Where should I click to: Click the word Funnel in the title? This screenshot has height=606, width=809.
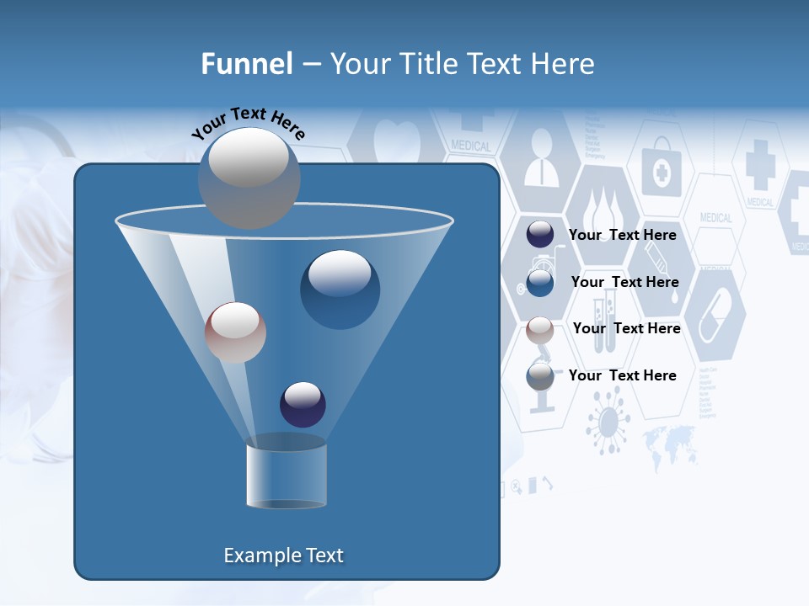pyautogui.click(x=246, y=64)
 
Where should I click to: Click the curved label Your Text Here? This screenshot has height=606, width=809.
pyautogui.click(x=249, y=124)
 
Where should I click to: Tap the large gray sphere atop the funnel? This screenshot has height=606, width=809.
pyautogui.click(x=249, y=178)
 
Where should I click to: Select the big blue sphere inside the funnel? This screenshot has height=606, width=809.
pyautogui.click(x=340, y=290)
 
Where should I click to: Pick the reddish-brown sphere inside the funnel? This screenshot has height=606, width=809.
pyautogui.click(x=235, y=332)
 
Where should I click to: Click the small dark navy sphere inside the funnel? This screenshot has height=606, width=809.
pyautogui.click(x=303, y=404)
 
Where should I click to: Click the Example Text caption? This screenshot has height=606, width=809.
pyautogui.click(x=284, y=555)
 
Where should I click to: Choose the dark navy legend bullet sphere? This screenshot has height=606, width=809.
pyautogui.click(x=540, y=235)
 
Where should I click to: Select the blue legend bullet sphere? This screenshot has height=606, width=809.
pyautogui.click(x=540, y=282)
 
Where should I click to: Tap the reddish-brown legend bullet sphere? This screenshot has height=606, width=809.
pyautogui.click(x=540, y=329)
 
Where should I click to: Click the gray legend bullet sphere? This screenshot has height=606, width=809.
pyautogui.click(x=540, y=375)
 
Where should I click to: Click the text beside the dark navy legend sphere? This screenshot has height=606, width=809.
pyautogui.click(x=623, y=235)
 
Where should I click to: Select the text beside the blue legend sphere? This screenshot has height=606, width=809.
pyautogui.click(x=624, y=282)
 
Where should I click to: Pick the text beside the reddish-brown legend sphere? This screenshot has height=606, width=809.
pyautogui.click(x=626, y=328)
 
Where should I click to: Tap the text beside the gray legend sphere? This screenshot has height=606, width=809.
pyautogui.click(x=623, y=375)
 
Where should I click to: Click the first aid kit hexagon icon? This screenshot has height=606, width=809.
pyautogui.click(x=661, y=172)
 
